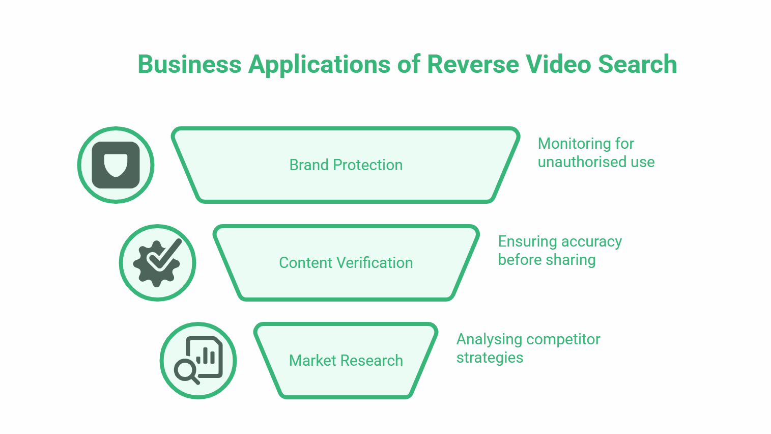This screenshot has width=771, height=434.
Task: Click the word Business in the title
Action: tap(189, 65)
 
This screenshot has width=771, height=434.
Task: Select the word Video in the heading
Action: tap(558, 65)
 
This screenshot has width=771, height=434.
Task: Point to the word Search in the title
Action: tap(637, 65)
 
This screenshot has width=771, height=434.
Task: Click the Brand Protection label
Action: tap(346, 165)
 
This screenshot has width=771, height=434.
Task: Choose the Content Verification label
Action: tap(346, 263)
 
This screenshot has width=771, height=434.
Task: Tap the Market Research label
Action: tap(346, 361)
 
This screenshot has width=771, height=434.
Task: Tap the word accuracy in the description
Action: tap(591, 242)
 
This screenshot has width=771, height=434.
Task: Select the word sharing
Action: tap(570, 260)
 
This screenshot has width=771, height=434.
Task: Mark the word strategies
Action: tap(490, 358)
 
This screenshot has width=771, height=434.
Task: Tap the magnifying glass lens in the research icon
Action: tap(185, 369)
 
